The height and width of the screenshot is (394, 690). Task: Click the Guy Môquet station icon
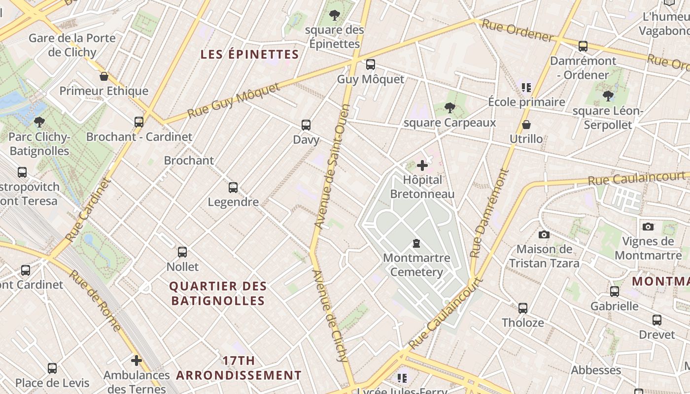click(x=370, y=65)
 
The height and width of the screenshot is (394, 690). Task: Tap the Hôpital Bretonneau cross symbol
click(x=422, y=165)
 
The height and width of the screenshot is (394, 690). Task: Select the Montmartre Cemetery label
click(x=416, y=264)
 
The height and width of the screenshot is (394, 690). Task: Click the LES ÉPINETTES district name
click(x=250, y=54)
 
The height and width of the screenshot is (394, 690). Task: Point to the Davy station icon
click(x=306, y=125)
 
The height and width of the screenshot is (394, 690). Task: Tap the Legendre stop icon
click(x=233, y=188)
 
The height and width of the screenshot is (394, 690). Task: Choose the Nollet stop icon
click(x=182, y=252)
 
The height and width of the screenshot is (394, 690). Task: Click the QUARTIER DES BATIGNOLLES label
click(x=218, y=293)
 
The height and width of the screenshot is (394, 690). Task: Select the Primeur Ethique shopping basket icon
click(x=104, y=76)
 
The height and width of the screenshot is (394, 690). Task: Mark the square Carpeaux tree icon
click(x=449, y=108)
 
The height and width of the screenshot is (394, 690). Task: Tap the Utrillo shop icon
click(x=526, y=125)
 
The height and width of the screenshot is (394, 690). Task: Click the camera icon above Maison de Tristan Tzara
click(x=544, y=234)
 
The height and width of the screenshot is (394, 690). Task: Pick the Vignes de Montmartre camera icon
click(x=648, y=227)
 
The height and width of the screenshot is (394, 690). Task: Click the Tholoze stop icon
click(x=523, y=308)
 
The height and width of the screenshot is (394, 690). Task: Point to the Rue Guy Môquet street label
click(x=234, y=101)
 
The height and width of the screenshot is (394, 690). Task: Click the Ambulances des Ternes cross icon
click(x=137, y=361)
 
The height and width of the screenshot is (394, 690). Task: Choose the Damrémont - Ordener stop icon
click(x=583, y=46)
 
